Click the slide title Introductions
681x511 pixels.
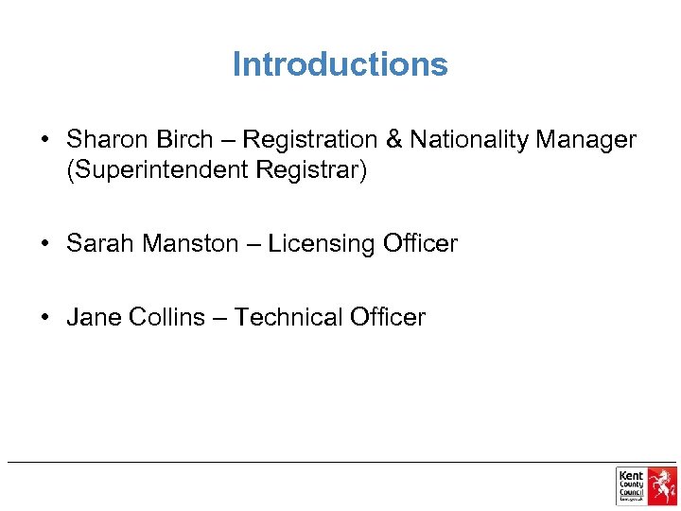(340, 64)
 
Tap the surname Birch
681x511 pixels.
(185, 140)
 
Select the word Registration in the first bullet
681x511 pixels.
(310, 140)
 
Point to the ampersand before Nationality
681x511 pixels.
(394, 140)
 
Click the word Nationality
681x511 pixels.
(469, 140)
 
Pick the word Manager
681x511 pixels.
(586, 140)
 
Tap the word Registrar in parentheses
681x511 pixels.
(311, 172)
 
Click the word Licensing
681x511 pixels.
(322, 244)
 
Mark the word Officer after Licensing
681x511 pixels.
(420, 243)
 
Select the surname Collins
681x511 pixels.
(166, 317)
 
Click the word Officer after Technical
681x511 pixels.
(388, 317)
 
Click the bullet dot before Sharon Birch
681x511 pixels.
(44, 140)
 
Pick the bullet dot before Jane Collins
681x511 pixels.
(44, 317)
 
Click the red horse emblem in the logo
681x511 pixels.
(662, 485)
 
